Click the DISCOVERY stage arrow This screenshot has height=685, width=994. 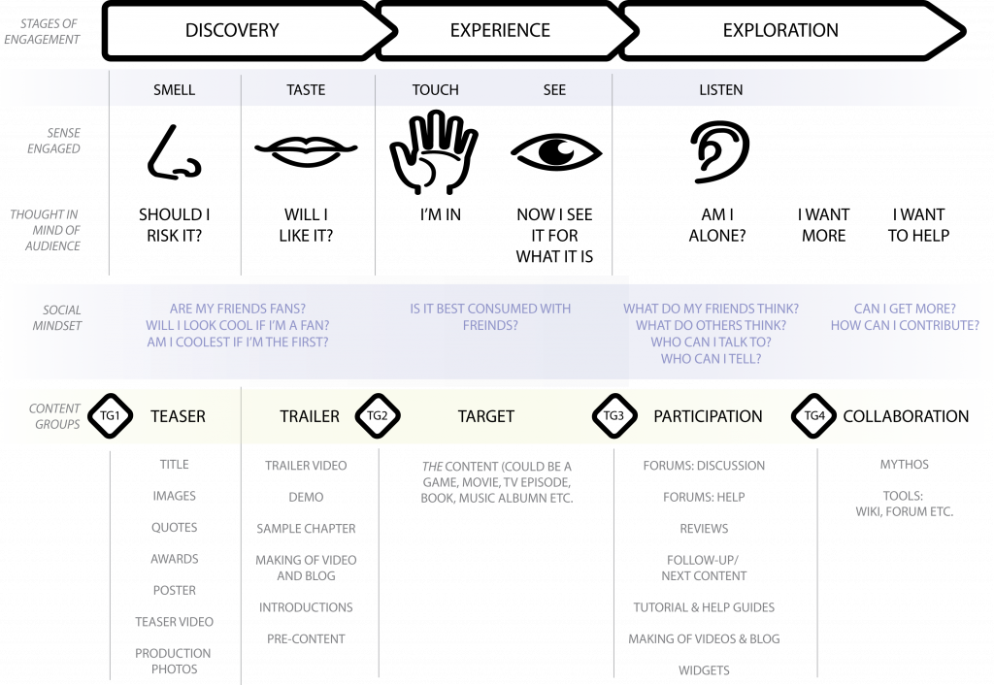click(233, 30)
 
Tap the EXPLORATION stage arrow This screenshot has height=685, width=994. click(780, 30)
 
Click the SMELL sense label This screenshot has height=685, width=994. click(175, 90)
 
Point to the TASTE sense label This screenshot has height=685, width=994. click(306, 90)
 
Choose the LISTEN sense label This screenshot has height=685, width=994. click(721, 90)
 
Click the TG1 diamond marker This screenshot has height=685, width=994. click(110, 416)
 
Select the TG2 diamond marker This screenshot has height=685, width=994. click(377, 416)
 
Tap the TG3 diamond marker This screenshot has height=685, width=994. click(613, 416)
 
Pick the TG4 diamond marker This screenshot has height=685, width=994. click(814, 416)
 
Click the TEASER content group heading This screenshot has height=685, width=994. click(178, 416)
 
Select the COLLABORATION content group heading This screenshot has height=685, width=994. click(906, 416)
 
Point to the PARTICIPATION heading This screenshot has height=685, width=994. click(708, 416)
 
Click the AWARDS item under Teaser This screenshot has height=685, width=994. click(175, 559)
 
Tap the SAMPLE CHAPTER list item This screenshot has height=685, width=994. click(306, 529)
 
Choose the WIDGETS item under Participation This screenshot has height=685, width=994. click(704, 670)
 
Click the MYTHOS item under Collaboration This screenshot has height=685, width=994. click(904, 465)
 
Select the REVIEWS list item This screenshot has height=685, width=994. click(704, 529)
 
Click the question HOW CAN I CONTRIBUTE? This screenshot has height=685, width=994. click(905, 326)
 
